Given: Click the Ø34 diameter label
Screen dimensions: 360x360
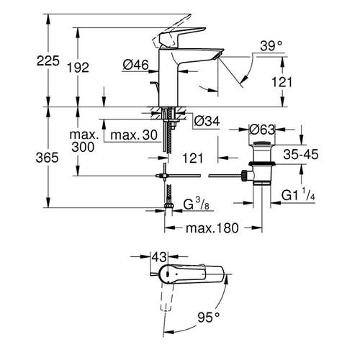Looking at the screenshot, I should coord(207,120).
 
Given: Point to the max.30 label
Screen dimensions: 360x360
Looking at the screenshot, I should coord(131,134).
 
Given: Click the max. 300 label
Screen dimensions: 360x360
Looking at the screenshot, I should coord(86,140).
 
